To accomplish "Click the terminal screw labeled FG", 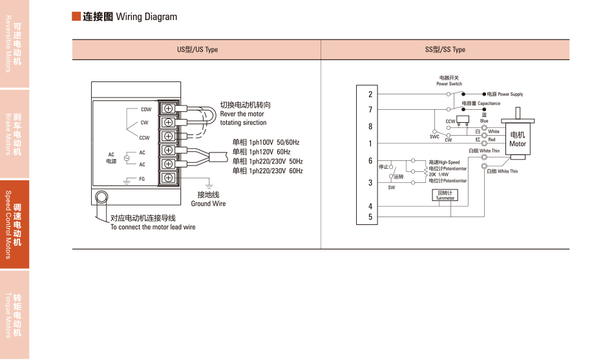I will [x=168, y=178].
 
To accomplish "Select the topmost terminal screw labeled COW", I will [x=168, y=109].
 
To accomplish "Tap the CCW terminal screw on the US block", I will [x=168, y=136].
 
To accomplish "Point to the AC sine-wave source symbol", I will [x=127, y=158].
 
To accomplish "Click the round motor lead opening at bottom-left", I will [x=101, y=197].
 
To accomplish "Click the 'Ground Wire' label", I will [x=208, y=204].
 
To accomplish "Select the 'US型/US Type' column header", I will [x=197, y=50].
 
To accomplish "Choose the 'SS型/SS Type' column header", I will [x=445, y=50].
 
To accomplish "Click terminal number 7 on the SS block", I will [x=370, y=110].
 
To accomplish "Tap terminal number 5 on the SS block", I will [x=370, y=217].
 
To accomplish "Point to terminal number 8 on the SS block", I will [x=370, y=127].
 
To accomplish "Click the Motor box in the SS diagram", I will [x=518, y=139].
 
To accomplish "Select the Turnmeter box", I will [x=445, y=195].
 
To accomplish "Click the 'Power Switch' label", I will [x=449, y=83].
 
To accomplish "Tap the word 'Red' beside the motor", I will [x=492, y=140].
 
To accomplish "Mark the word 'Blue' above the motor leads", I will [x=484, y=120].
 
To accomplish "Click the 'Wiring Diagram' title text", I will [x=146, y=17].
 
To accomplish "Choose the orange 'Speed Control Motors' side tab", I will [x=14, y=224].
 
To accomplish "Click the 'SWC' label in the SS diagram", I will [x=434, y=137].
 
